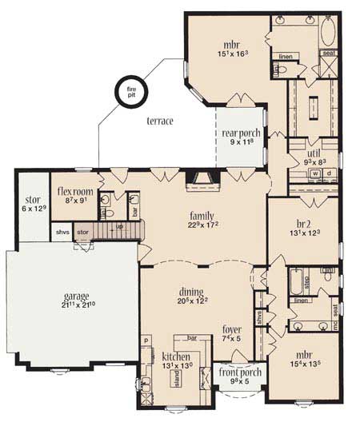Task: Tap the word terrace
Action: tap(160, 121)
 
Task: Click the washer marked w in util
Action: tap(315, 173)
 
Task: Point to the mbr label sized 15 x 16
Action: tap(230, 45)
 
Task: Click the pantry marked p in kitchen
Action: tap(147, 340)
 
